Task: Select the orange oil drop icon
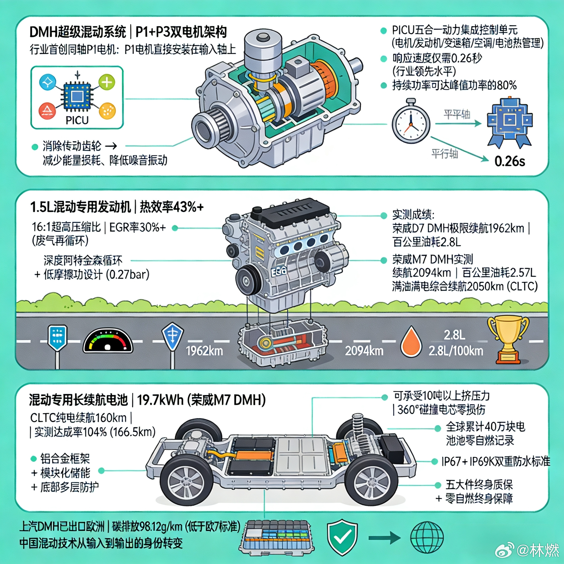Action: (411, 342)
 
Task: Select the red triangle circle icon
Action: (47, 111)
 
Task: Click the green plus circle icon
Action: (107, 83)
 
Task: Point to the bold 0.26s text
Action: (509, 161)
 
